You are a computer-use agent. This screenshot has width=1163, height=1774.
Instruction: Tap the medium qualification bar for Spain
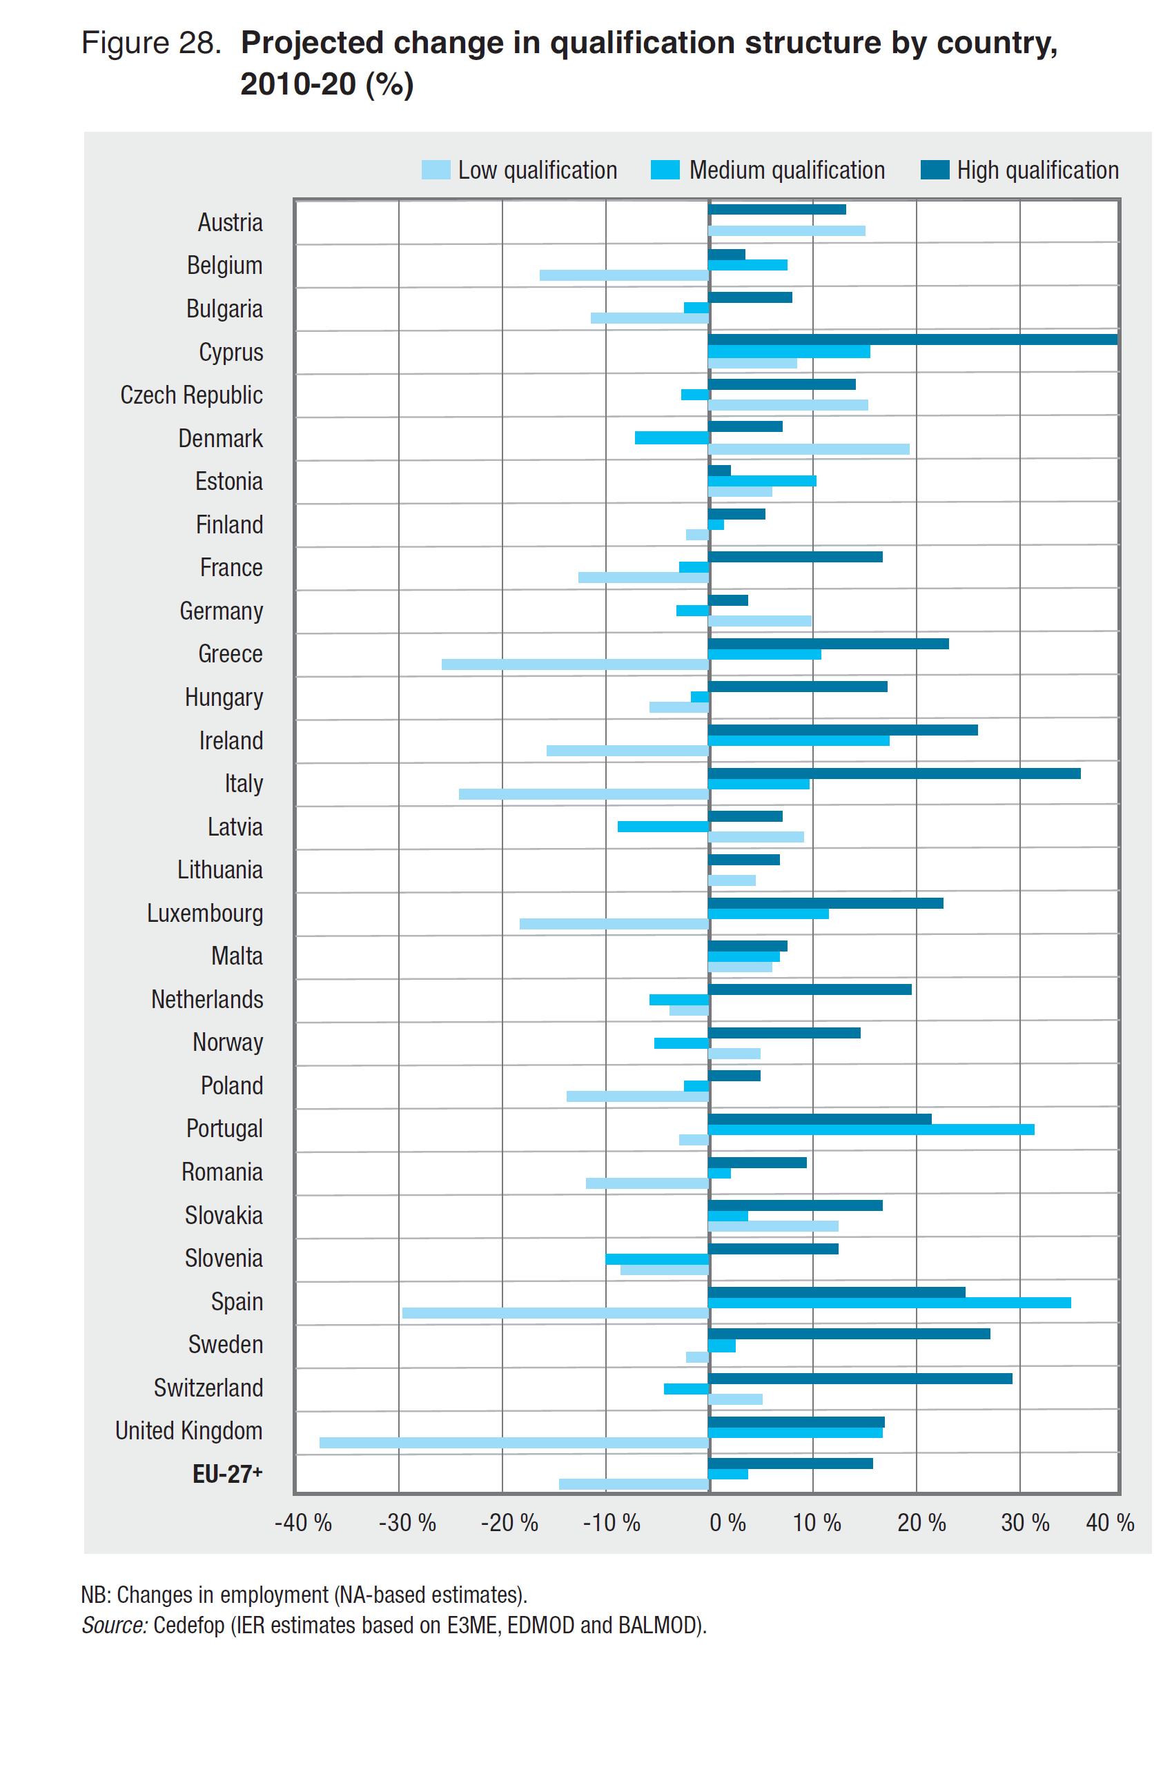[x=889, y=1302]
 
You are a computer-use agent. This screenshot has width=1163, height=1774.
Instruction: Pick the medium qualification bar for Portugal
[x=870, y=1130]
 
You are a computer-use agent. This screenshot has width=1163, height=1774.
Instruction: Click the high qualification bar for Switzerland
[x=859, y=1378]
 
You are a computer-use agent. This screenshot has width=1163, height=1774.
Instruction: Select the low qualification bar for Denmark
[x=808, y=449]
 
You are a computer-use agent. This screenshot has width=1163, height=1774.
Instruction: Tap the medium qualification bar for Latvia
[x=663, y=826]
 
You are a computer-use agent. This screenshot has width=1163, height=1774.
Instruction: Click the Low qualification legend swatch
[x=436, y=170]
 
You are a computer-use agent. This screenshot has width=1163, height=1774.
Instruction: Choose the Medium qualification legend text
[x=787, y=170]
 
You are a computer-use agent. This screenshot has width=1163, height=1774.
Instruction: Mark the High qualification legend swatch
[x=934, y=170]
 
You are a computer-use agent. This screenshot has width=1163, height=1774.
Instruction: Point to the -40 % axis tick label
[x=303, y=1523]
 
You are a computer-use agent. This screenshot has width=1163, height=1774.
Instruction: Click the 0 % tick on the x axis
[x=727, y=1523]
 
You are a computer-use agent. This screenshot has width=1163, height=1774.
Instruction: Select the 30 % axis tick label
[x=1024, y=1523]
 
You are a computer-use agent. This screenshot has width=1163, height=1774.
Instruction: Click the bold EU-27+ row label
[x=226, y=1474]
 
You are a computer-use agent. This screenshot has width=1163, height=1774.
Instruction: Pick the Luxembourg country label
[x=204, y=913]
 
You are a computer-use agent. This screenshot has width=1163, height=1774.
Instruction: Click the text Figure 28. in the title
[x=150, y=43]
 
